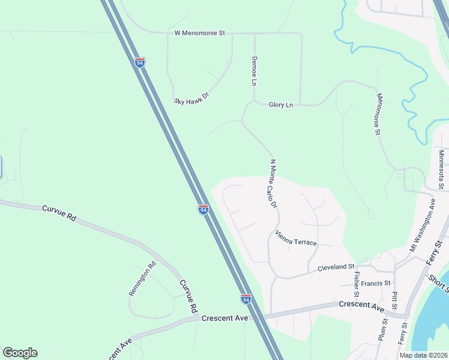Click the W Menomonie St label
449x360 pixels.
[199, 33]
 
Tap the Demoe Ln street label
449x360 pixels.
[254, 71]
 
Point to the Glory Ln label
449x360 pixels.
[280, 105]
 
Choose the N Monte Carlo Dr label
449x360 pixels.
[273, 184]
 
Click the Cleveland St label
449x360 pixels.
[336, 266]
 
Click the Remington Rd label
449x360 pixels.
[142, 278]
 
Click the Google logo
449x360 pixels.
[20, 353]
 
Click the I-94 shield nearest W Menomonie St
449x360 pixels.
[140, 62]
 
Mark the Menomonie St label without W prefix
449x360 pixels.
[380, 113]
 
